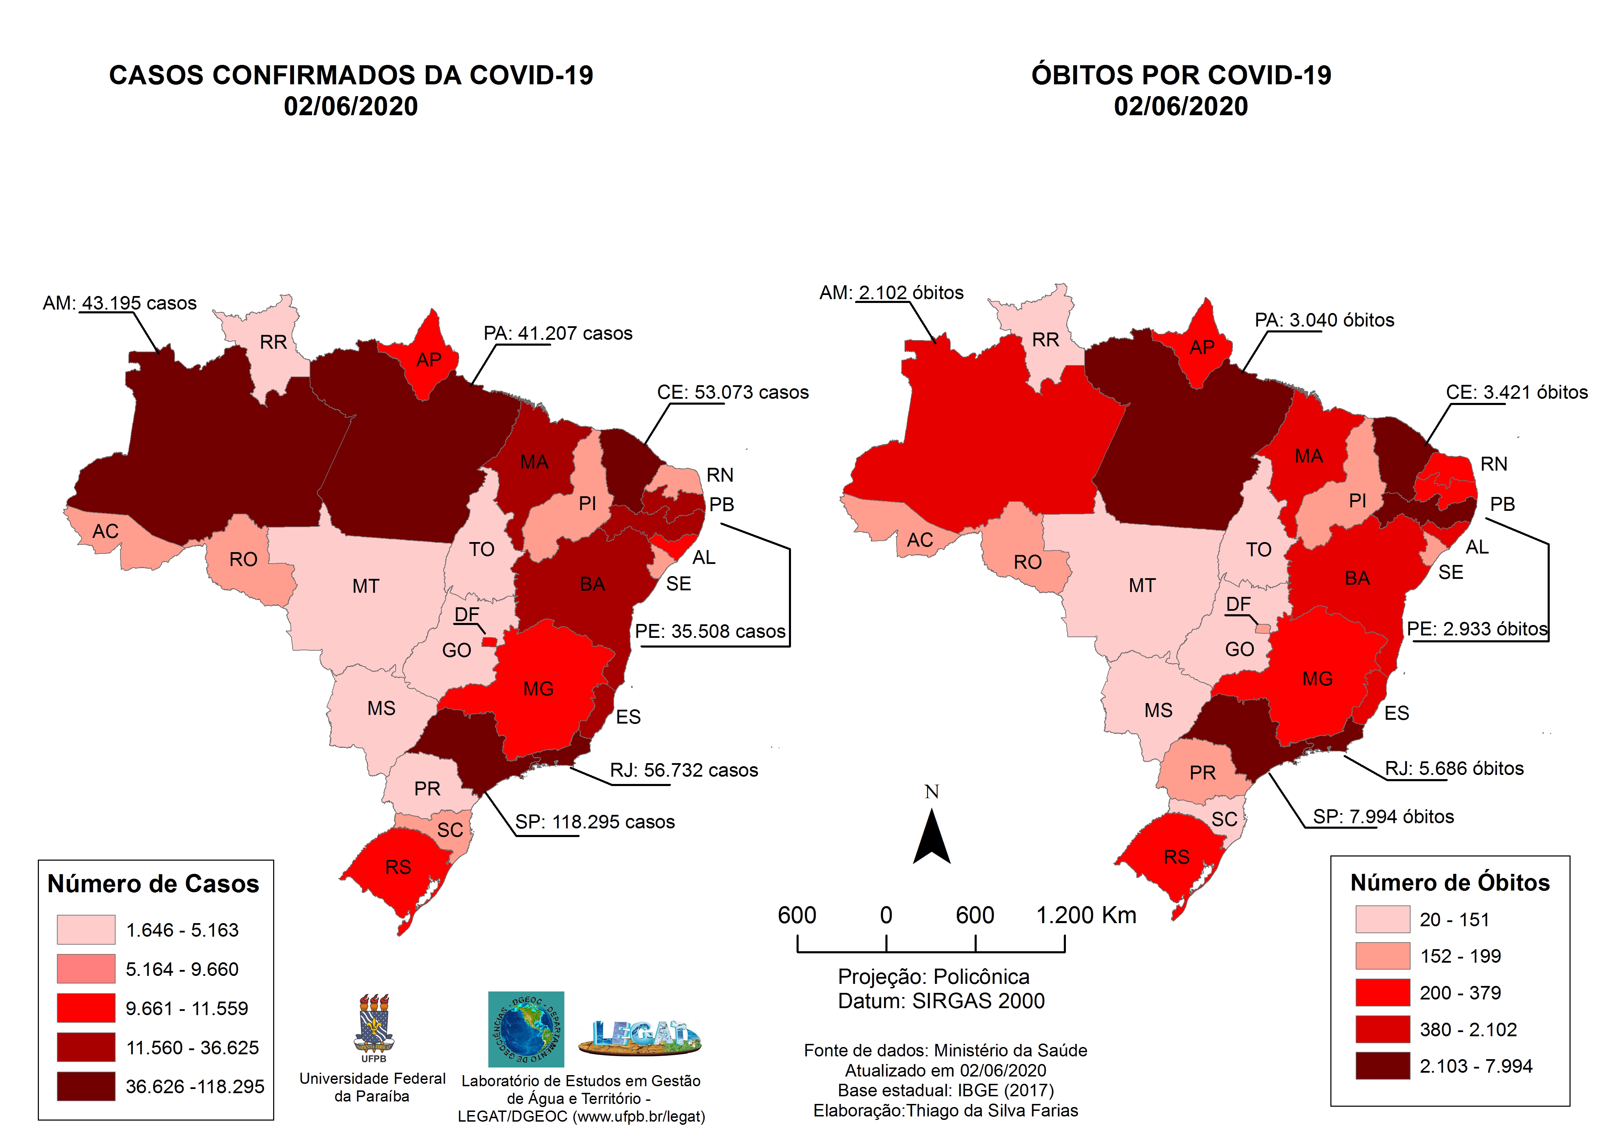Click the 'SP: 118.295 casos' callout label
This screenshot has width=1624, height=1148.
tap(594, 822)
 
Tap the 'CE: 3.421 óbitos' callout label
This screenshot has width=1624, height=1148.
tap(1516, 392)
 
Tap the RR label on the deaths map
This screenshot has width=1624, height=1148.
tap(1045, 340)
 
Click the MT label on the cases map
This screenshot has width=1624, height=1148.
tap(366, 586)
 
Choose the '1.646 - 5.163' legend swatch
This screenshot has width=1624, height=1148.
tap(86, 929)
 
